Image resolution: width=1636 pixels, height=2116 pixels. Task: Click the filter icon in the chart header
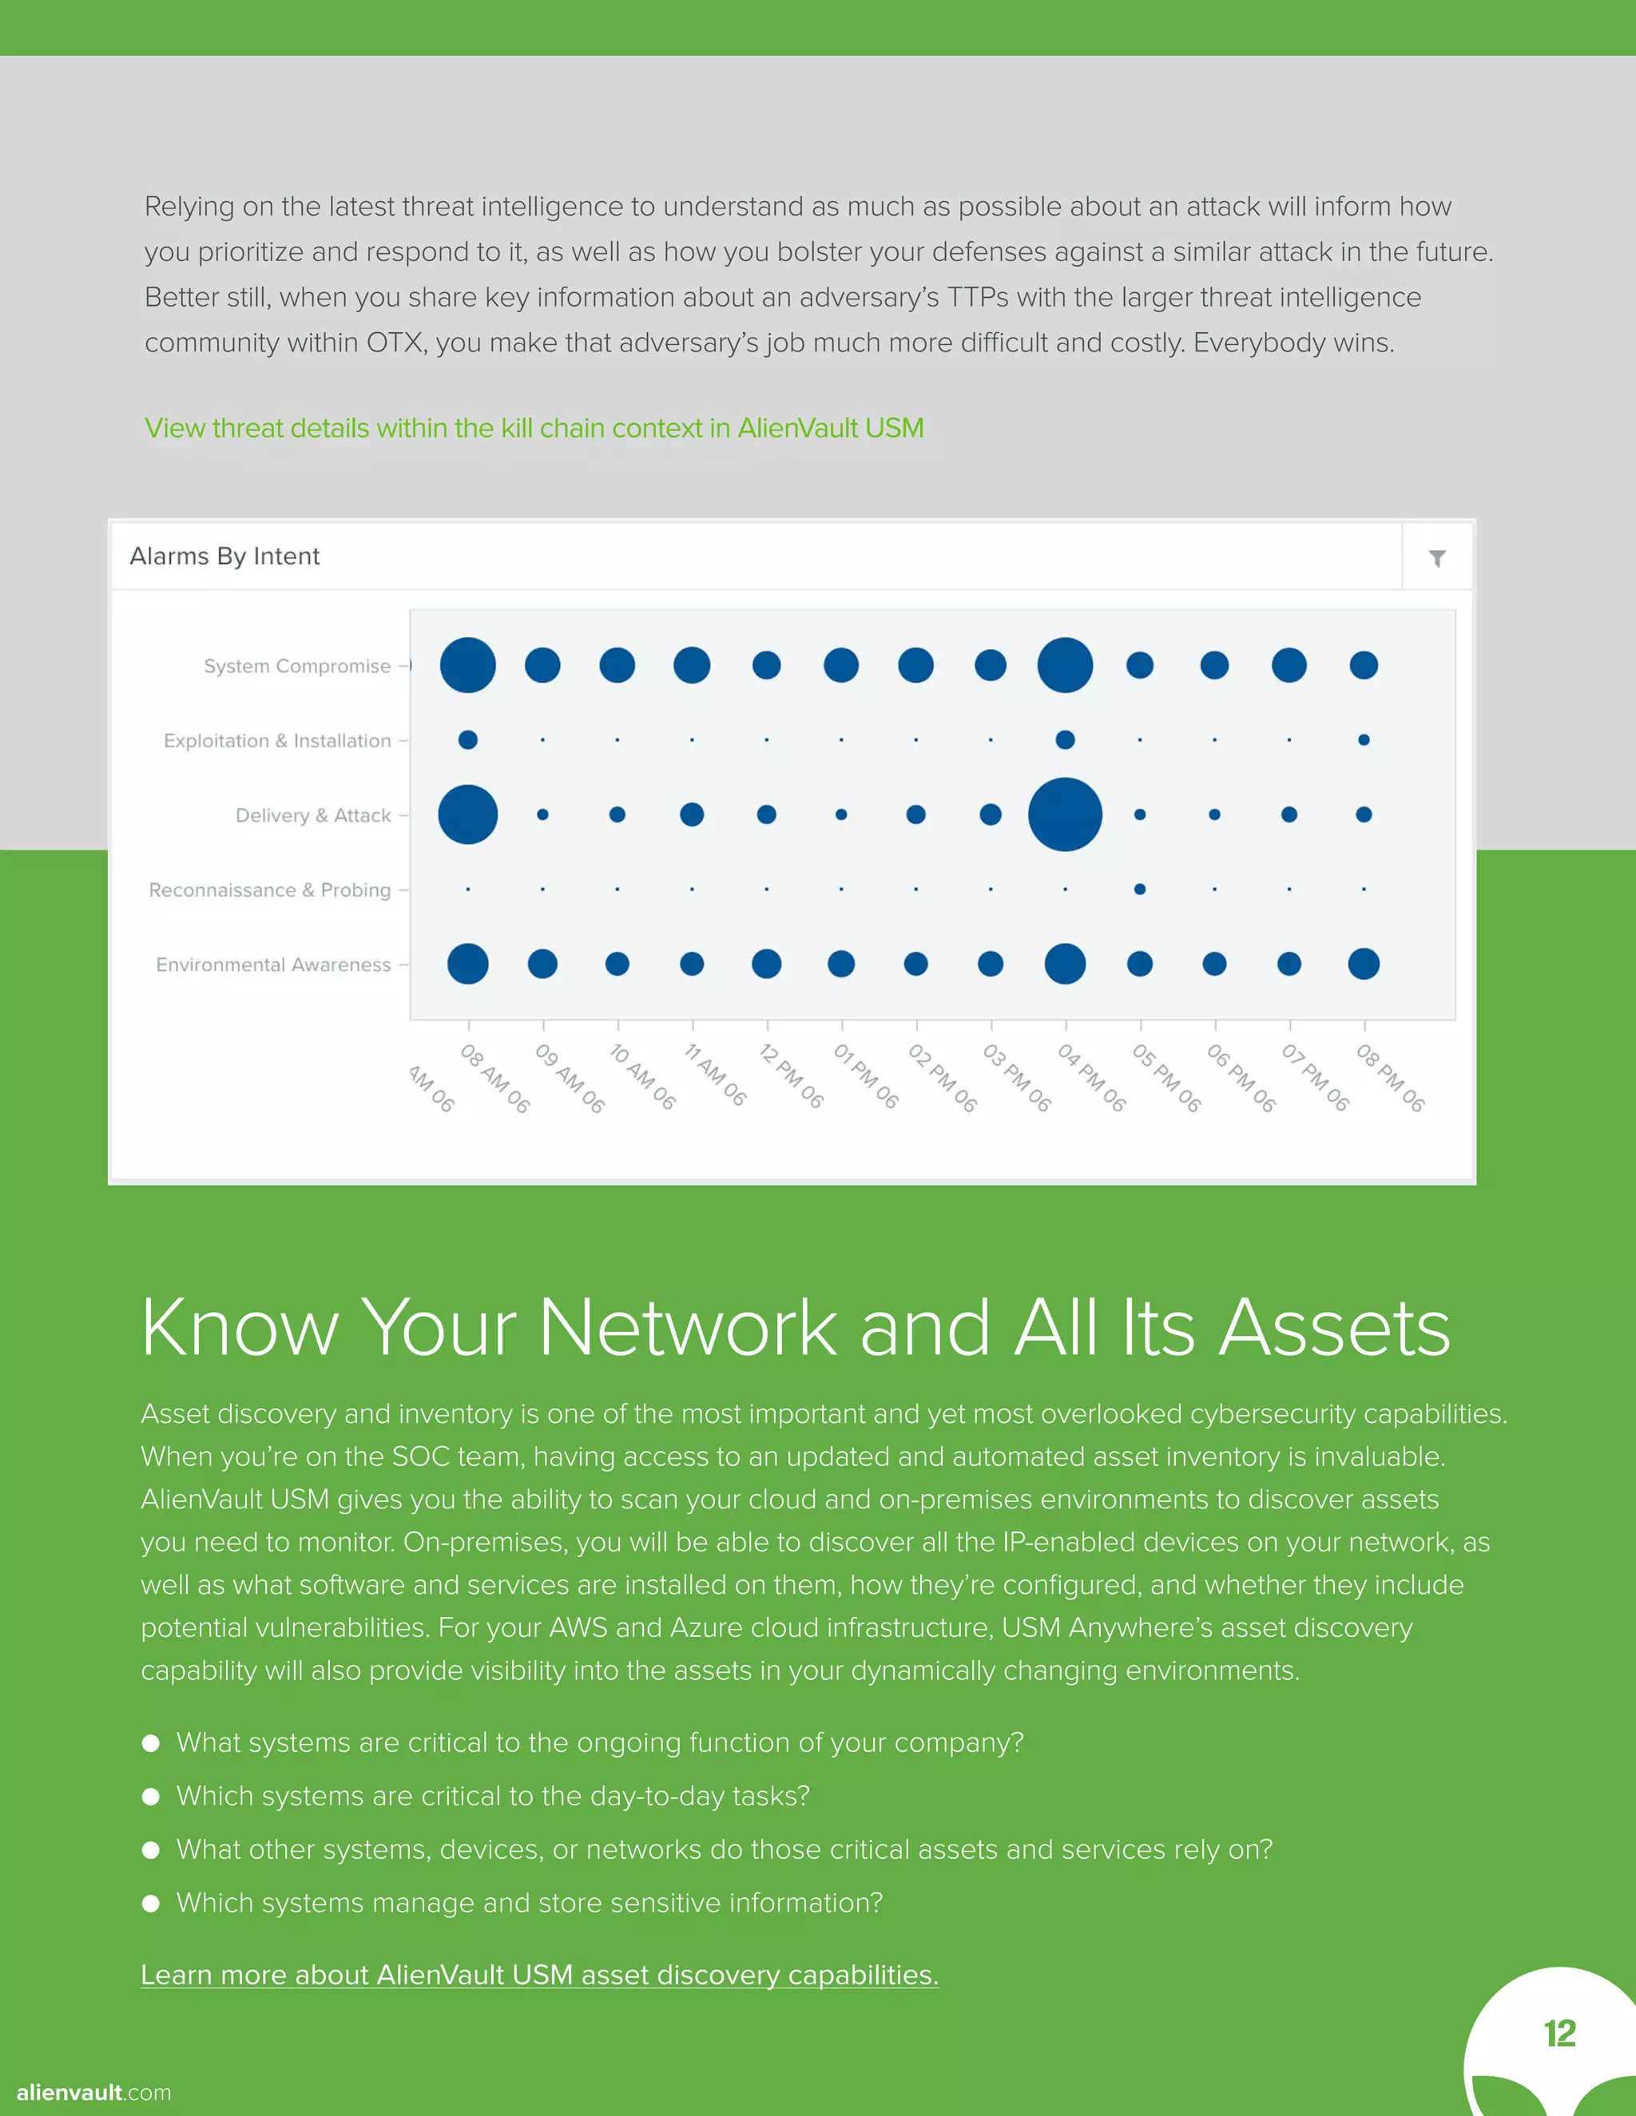click(x=1437, y=558)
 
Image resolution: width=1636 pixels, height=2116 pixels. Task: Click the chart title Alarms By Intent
click(x=224, y=556)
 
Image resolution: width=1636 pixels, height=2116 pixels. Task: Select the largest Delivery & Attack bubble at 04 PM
click(x=1065, y=814)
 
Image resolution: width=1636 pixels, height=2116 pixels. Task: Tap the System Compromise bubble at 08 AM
click(x=468, y=666)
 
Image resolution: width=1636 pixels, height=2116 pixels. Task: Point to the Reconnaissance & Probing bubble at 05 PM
click(x=1140, y=890)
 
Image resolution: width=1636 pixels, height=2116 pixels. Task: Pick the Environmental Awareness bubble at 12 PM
click(x=767, y=964)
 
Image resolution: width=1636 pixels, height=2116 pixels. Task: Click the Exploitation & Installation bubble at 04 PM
click(x=1065, y=740)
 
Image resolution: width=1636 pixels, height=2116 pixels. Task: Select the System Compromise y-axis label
click(x=297, y=667)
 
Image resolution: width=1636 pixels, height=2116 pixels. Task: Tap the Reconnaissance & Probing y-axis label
click(x=269, y=890)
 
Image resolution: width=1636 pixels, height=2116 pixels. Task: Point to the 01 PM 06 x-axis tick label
click(x=865, y=1076)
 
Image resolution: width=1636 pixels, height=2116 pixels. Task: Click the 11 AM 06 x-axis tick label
click(x=715, y=1076)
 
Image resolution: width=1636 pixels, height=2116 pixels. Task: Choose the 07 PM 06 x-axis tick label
click(x=1314, y=1077)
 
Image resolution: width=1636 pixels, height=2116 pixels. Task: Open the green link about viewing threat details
click(x=534, y=428)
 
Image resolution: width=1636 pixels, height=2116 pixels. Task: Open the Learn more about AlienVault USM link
click(x=540, y=1975)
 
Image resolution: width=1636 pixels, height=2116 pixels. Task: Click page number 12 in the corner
click(x=1559, y=2034)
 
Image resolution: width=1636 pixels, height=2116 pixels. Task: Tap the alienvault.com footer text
click(x=94, y=2092)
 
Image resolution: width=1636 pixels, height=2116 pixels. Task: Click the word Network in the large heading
click(x=687, y=1327)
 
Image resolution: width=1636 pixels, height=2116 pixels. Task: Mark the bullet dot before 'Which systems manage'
click(x=151, y=1903)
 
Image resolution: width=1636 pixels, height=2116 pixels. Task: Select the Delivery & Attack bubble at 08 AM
click(x=468, y=814)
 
